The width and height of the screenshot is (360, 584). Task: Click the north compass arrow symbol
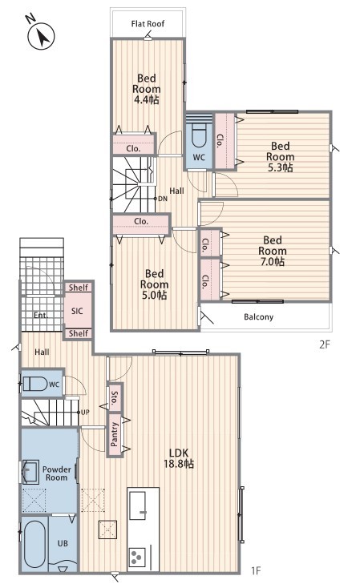tap(42, 36)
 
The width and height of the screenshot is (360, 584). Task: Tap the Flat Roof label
tap(148, 24)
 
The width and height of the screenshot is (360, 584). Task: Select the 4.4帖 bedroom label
tap(147, 89)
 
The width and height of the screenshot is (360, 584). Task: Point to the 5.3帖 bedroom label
tap(281, 157)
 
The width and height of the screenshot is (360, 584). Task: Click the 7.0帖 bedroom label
tap(273, 251)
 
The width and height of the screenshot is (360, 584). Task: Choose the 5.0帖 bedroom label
tap(154, 285)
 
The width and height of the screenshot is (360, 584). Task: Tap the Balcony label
tap(259, 317)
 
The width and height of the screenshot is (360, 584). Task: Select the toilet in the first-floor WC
tap(35, 384)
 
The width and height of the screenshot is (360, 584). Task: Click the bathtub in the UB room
tap(34, 544)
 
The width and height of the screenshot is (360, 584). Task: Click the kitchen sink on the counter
tap(138, 505)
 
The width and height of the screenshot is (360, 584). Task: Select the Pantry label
tap(115, 434)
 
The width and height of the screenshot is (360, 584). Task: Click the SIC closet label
tap(77, 311)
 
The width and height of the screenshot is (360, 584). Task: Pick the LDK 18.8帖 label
tap(179, 458)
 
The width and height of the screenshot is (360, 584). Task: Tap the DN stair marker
tap(163, 199)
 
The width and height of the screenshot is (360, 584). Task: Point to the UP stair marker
tap(85, 413)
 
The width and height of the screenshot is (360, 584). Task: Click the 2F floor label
tap(325, 344)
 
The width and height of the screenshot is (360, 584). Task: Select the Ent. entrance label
tap(40, 316)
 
